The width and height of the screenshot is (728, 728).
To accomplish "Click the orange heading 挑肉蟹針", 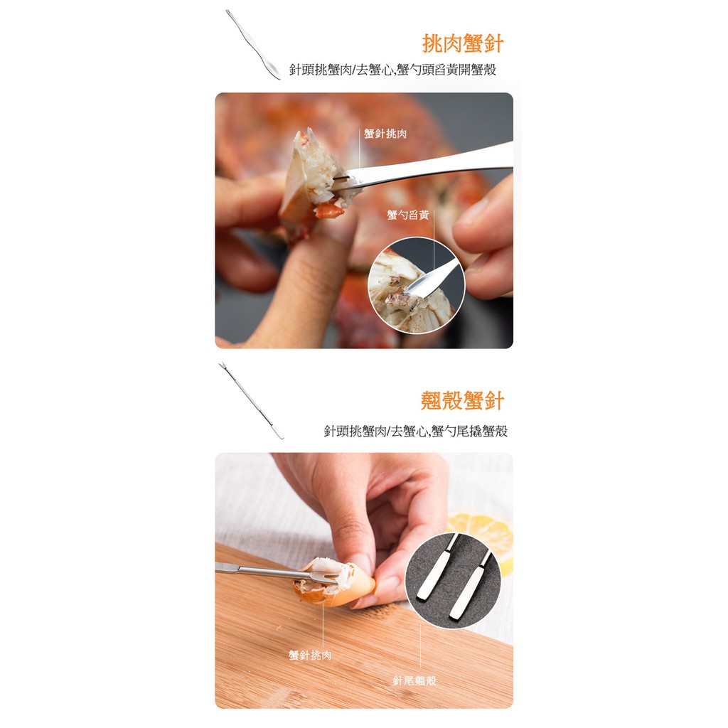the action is [x=462, y=44].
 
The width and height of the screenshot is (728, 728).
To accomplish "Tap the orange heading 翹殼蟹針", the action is [x=462, y=401].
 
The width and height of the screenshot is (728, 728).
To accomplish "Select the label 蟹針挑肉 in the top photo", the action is [x=385, y=134].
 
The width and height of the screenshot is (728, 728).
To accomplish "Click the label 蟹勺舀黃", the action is [x=407, y=215].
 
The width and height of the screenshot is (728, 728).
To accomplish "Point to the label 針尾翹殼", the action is [x=414, y=680].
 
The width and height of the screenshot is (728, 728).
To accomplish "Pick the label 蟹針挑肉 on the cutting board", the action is [x=310, y=655].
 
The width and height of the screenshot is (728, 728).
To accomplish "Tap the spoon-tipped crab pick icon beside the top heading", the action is [x=253, y=45].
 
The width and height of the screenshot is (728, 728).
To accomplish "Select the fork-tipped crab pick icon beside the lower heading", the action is [x=251, y=401].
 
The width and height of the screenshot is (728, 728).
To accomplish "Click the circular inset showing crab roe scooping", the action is [x=416, y=285].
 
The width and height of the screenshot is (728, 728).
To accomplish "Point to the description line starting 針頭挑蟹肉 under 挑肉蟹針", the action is [x=392, y=70].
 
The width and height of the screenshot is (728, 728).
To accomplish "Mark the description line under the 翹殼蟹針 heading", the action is [x=415, y=431].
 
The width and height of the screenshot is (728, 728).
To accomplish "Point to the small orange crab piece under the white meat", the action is [x=330, y=210].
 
